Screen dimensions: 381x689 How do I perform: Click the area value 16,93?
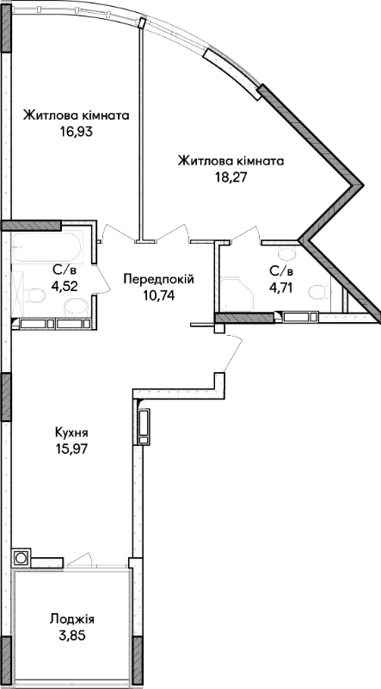click(77, 133)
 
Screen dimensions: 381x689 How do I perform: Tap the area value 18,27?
click(230, 177)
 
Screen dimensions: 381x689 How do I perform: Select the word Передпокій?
click(158, 279)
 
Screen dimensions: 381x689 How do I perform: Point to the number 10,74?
click(158, 295)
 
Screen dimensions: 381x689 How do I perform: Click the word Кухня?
click(71, 432)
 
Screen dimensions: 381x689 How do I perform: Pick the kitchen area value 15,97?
click(71, 449)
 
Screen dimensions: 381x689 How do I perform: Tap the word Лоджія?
click(72, 619)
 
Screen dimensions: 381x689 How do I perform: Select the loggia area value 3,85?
click(72, 636)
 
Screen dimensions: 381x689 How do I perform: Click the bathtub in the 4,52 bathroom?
click(46, 246)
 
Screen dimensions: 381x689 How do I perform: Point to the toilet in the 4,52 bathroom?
click(34, 295)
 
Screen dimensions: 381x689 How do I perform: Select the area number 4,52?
click(65, 287)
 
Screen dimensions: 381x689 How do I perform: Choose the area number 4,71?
click(281, 288)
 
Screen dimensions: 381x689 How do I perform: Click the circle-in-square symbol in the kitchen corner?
click(21, 558)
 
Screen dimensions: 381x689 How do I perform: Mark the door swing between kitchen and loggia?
click(79, 558)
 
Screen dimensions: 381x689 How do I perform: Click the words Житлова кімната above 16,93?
click(77, 115)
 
